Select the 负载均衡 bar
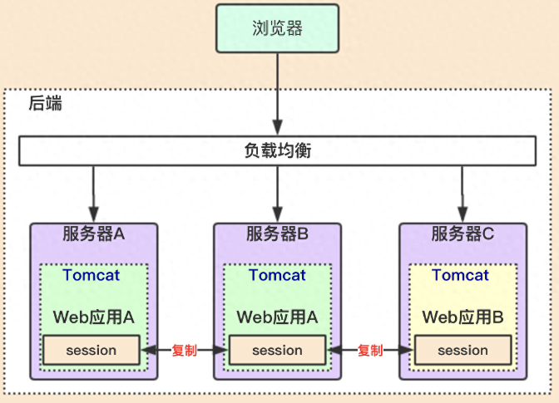[x=279, y=151]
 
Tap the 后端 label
[x=45, y=105]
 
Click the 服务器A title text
[x=93, y=234]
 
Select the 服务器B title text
[x=278, y=234]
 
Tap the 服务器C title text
[x=463, y=234]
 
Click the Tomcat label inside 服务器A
[x=92, y=275]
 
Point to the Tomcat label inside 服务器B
[x=277, y=275]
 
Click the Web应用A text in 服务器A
[x=93, y=317]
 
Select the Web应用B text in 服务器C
[x=463, y=317]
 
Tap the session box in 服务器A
[x=92, y=350]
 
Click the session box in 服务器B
[x=277, y=350]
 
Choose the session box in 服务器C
[x=463, y=350]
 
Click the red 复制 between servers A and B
[x=184, y=351]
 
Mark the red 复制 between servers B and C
[x=370, y=351]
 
